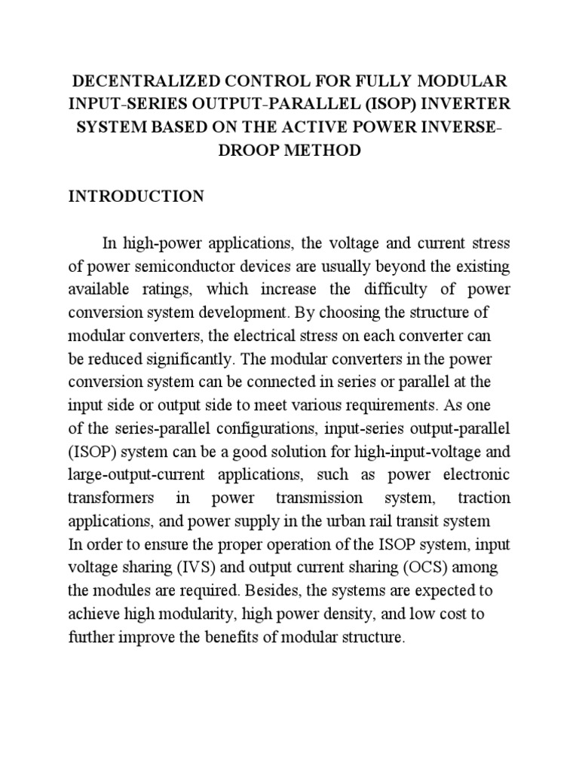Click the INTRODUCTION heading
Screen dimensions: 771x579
pos(136,197)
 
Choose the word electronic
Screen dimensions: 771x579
pos(474,476)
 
